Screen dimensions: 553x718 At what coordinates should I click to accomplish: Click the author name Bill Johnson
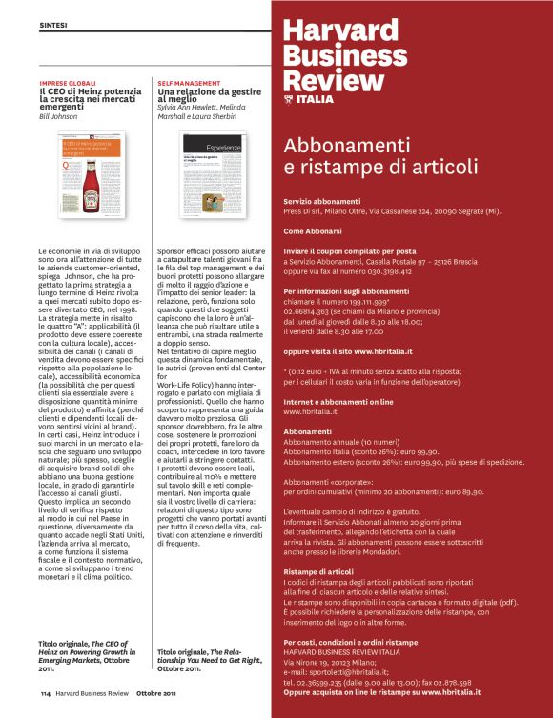59,118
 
